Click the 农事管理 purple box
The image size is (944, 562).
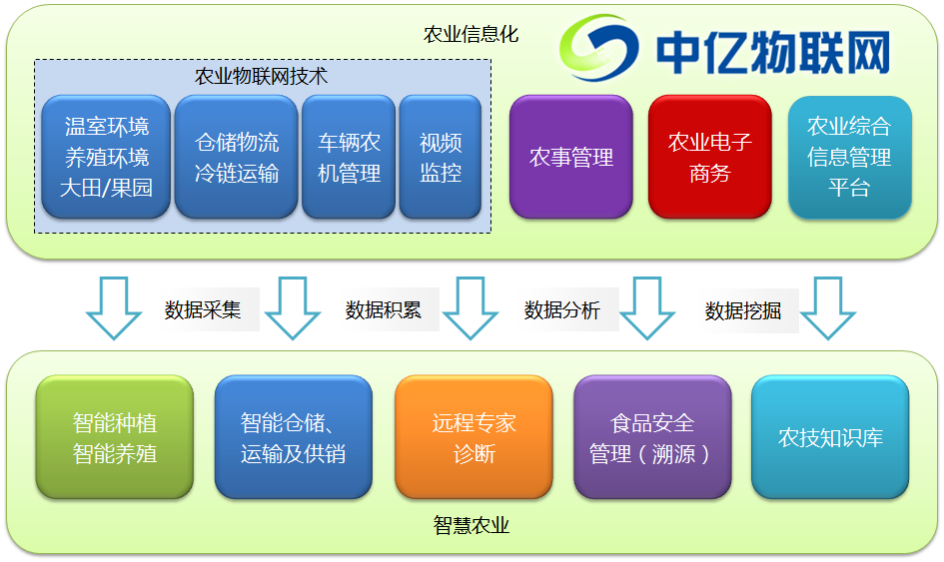click(x=570, y=157)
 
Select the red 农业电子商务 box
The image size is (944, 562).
click(x=709, y=157)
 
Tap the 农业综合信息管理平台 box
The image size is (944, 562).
click(x=849, y=157)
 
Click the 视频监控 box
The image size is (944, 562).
click(x=441, y=157)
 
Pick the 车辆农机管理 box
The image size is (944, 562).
click(x=349, y=157)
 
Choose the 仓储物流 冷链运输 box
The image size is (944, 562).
click(x=236, y=157)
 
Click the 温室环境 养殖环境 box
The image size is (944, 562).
click(x=106, y=157)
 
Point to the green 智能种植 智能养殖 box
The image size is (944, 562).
click(x=114, y=437)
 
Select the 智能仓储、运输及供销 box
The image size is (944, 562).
click(x=293, y=437)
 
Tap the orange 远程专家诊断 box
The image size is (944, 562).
click(x=473, y=437)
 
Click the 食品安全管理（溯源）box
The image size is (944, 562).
click(x=651, y=437)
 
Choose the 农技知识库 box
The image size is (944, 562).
click(x=830, y=437)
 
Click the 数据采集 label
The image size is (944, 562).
click(x=203, y=309)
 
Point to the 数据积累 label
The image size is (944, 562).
click(x=383, y=309)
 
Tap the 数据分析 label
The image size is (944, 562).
click(x=562, y=309)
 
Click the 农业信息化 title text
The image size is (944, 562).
click(x=472, y=34)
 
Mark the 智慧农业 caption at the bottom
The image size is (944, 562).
click(x=472, y=525)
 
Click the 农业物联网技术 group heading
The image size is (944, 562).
click(x=261, y=76)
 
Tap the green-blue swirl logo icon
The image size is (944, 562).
click(x=600, y=47)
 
